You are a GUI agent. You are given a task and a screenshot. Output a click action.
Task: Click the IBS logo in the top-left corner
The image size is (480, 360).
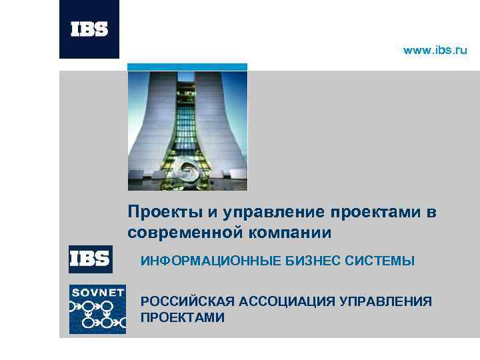[x=89, y=29]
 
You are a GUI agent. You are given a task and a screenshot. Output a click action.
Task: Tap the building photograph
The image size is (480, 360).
[x=187, y=130]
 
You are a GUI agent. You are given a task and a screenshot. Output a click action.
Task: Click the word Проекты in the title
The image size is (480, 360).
[x=165, y=213]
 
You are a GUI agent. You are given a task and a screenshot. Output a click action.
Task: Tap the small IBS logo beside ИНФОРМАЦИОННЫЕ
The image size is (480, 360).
[x=90, y=259]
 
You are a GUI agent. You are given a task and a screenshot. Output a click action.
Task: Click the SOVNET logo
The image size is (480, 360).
[x=97, y=309]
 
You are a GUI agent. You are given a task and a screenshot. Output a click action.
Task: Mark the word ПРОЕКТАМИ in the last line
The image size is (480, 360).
[x=183, y=317]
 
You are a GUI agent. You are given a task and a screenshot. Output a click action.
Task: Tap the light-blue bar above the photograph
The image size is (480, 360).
[x=187, y=67]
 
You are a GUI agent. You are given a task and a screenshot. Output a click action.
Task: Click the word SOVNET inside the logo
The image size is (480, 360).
[x=97, y=293]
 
